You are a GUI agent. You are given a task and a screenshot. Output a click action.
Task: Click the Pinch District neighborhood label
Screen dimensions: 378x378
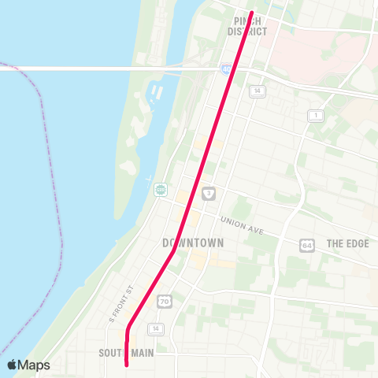(247, 26)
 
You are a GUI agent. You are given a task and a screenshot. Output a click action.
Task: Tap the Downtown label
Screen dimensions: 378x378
(193, 243)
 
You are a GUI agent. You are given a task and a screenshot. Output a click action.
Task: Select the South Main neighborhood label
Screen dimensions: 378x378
(126, 352)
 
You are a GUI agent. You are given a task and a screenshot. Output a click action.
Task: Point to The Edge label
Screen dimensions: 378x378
(347, 243)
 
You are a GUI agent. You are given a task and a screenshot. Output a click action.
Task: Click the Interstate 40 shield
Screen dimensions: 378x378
(226, 69)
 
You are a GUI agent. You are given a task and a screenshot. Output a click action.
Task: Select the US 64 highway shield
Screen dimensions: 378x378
(306, 245)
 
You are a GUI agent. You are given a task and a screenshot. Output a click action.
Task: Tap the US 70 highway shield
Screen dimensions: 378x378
(164, 301)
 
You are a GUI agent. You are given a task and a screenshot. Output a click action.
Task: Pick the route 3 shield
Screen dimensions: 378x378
(208, 193)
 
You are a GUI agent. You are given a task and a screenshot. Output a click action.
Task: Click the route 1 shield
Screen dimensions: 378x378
(315, 116)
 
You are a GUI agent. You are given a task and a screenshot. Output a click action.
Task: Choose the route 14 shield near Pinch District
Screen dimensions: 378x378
(256, 91)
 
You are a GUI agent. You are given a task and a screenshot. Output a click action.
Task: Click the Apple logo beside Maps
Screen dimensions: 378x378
(13, 365)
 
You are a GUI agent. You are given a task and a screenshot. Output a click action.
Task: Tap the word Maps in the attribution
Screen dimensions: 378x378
(35, 365)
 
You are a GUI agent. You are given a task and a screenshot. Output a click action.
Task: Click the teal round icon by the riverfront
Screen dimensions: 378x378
(160, 190)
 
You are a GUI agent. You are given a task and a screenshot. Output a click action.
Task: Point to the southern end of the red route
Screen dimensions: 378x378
(127, 364)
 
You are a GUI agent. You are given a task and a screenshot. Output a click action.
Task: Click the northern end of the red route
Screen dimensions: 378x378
(250, 13)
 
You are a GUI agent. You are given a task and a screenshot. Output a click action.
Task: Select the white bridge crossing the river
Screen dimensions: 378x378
(94, 68)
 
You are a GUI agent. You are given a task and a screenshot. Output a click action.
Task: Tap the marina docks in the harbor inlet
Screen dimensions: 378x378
(155, 91)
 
